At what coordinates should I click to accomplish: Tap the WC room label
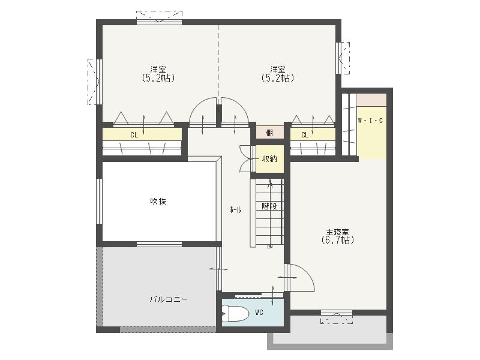pyautogui.click(x=259, y=313)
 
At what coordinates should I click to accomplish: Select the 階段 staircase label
pyautogui.click(x=269, y=206)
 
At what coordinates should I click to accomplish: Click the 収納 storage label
pyautogui.click(x=269, y=159)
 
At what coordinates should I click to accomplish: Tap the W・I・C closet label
pyautogui.click(x=370, y=121)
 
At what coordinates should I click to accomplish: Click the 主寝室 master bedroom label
pyautogui.click(x=338, y=232)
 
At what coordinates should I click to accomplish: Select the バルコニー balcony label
pyautogui.click(x=169, y=299)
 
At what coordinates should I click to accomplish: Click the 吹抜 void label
pyautogui.click(x=158, y=202)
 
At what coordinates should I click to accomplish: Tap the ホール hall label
pyautogui.click(x=235, y=210)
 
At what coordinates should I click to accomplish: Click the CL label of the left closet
pyautogui.click(x=134, y=135)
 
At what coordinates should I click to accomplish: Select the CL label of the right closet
pyautogui.click(x=305, y=135)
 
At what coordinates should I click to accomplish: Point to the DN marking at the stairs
pyautogui.click(x=270, y=247)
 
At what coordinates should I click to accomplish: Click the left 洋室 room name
pyautogui.click(x=158, y=69)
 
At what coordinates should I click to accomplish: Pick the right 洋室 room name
pyautogui.click(x=277, y=69)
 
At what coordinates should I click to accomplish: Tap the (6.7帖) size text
pyautogui.click(x=338, y=240)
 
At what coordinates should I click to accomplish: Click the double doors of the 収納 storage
pyautogui.click(x=245, y=159)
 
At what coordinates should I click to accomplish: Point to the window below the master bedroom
pyautogui.click(x=337, y=313)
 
